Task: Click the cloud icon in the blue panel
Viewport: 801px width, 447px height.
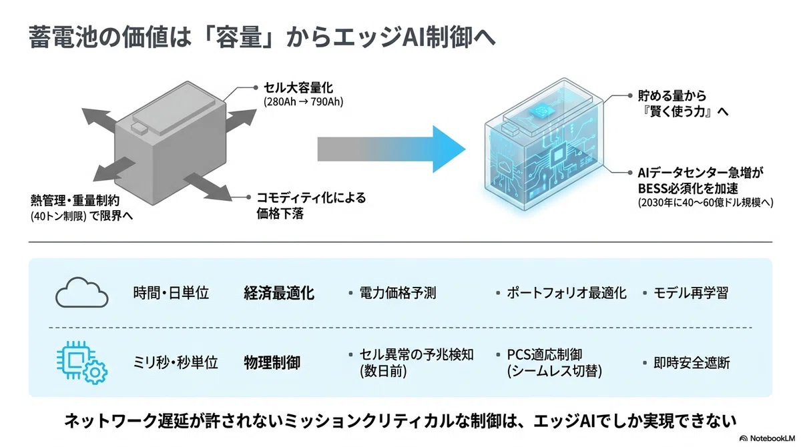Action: click(x=82, y=293)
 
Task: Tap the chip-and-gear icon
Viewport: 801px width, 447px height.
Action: click(x=82, y=362)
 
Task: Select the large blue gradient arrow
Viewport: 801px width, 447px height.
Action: click(x=391, y=149)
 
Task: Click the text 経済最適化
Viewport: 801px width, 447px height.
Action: click(x=279, y=293)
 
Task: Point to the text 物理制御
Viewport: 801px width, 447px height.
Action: click(x=272, y=362)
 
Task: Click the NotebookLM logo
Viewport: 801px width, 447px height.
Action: click(x=767, y=438)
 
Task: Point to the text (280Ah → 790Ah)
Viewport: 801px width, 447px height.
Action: click(x=303, y=102)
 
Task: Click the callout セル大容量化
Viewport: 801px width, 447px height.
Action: click(x=298, y=87)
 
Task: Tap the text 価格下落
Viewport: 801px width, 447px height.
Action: click(x=280, y=213)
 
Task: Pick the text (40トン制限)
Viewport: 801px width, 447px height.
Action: click(x=59, y=216)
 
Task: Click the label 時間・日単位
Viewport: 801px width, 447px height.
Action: click(x=171, y=293)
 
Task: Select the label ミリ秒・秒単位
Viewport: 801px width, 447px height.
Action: click(x=175, y=363)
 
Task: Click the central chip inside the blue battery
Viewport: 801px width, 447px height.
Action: click(x=558, y=156)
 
